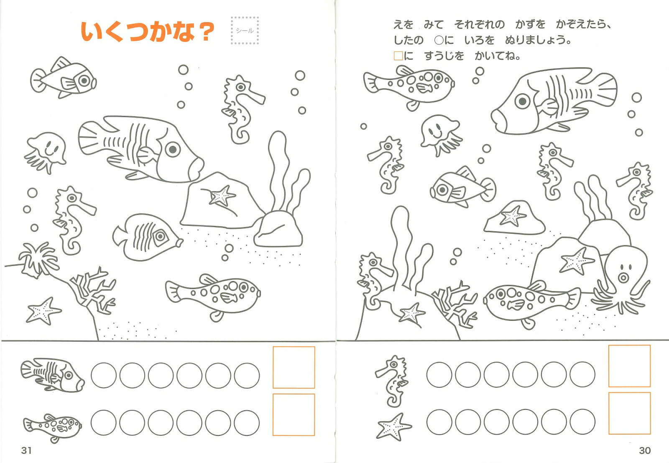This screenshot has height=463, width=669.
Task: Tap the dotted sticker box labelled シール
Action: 245,31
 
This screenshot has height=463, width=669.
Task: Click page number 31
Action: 27,450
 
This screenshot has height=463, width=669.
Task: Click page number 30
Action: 644,450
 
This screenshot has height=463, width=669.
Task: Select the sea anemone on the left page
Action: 38,259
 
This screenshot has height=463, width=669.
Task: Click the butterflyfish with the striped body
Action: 148,237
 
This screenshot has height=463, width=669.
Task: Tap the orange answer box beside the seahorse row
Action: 629,366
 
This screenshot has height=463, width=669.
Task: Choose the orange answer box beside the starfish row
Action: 629,413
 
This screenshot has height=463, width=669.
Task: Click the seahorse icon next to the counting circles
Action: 391,381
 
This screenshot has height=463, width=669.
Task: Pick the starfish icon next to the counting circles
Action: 393,427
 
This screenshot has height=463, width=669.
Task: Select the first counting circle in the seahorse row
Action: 439,375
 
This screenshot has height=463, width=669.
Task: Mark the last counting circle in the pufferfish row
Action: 247,423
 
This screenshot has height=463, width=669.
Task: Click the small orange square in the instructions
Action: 398,56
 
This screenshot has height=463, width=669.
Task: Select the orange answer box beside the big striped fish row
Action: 294,367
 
